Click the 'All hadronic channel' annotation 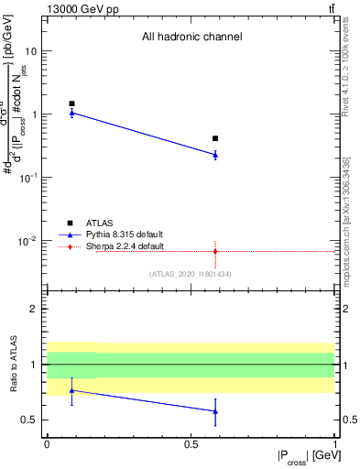coord(191,38)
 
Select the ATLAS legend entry coord(99,223)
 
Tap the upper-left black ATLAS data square coord(71,104)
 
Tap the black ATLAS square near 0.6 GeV coord(215,138)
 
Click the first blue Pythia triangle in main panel coord(71,113)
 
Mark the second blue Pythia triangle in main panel coord(215,155)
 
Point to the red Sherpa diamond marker coord(215,251)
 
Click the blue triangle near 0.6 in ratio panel coord(215,411)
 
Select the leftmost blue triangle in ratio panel coord(71,390)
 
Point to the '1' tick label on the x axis coord(334,442)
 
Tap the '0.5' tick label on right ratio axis coord(348,420)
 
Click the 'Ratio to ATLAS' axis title coord(12,365)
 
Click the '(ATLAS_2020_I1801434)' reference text coord(191,274)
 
